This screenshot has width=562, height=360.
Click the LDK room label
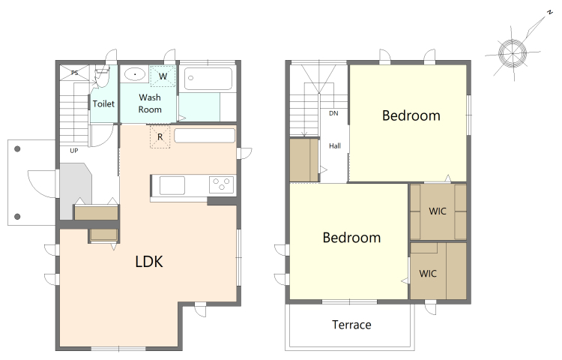tap(149, 262)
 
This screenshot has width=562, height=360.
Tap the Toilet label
tap(103, 104)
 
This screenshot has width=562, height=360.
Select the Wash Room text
tap(150, 103)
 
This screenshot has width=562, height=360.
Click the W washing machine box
tap(163, 76)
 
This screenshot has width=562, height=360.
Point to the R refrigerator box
tap(160, 136)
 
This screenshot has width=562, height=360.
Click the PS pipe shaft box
tap(74, 73)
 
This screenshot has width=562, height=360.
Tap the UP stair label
tap(74, 151)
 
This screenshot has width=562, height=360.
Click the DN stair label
tap(333, 113)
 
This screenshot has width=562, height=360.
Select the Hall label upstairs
tap(335, 146)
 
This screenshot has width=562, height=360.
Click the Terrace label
tap(351, 325)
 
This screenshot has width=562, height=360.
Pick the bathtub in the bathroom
tap(208, 79)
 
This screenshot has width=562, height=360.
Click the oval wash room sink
tap(135, 74)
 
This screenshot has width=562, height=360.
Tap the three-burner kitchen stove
tap(221, 185)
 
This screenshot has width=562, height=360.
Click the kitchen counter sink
tap(172, 185)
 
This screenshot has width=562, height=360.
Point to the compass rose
tap(513, 53)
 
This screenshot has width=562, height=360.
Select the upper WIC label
tap(438, 211)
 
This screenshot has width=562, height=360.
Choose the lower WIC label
tap(428, 274)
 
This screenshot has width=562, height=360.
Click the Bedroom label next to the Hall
tap(411, 115)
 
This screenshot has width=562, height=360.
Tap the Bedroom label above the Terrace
tap(351, 238)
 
